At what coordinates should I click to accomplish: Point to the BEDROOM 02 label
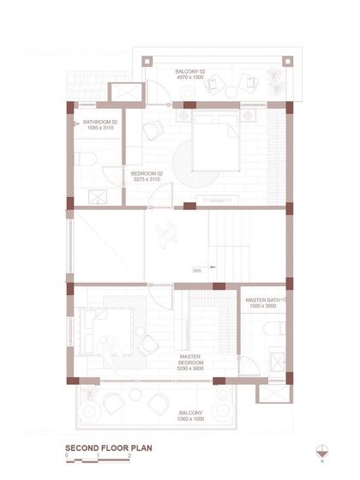(x=146, y=173)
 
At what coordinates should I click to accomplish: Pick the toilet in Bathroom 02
(x=82, y=159)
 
